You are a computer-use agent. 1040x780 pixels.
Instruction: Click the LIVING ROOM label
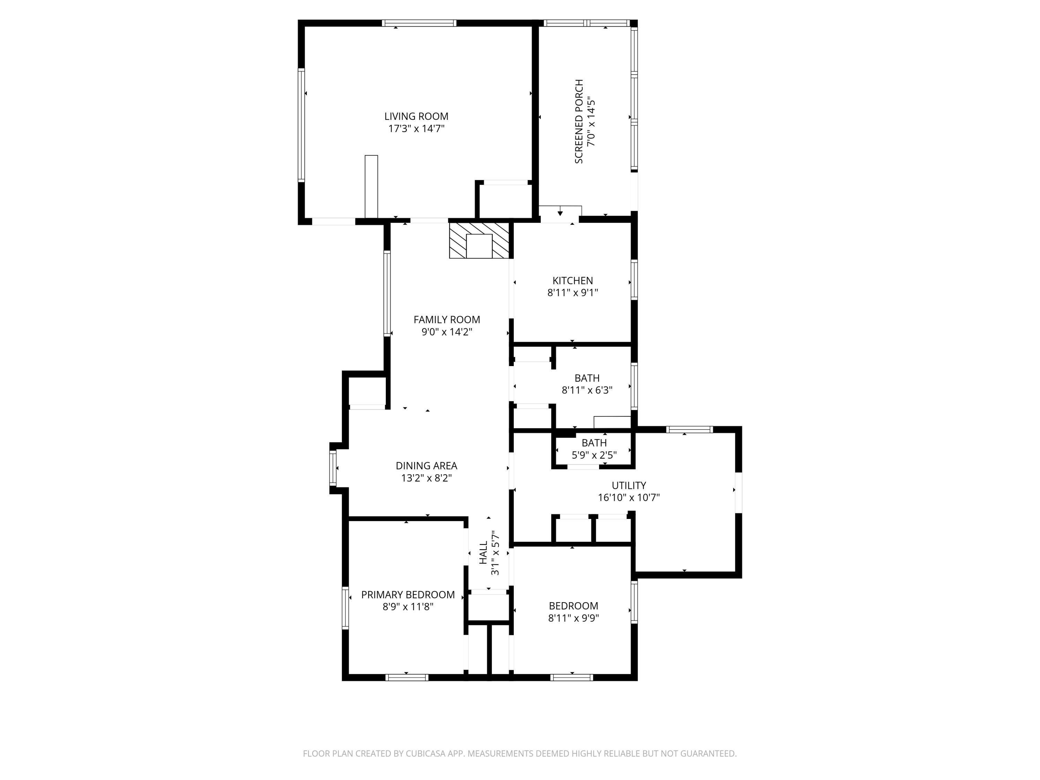tap(416, 116)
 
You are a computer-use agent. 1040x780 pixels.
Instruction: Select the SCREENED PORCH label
tap(579, 121)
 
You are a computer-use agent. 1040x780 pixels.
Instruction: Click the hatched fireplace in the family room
tap(479, 240)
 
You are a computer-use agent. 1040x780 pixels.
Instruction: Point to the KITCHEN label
tap(572, 281)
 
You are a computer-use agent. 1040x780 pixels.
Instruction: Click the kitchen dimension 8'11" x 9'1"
tap(572, 293)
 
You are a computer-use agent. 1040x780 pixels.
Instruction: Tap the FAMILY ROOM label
tap(447, 320)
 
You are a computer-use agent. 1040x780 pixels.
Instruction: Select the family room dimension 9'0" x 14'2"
tap(447, 332)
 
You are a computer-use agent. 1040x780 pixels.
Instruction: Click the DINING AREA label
tap(426, 466)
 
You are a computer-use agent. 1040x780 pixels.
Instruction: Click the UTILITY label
tap(629, 485)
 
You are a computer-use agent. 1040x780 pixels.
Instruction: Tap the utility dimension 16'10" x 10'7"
tap(629, 497)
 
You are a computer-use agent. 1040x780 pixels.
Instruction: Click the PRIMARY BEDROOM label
tap(408, 595)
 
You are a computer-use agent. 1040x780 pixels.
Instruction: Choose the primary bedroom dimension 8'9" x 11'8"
tap(408, 607)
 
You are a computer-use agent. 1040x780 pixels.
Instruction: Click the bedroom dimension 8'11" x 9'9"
tap(573, 618)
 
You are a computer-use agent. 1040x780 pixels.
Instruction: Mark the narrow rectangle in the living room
tap(371, 186)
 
